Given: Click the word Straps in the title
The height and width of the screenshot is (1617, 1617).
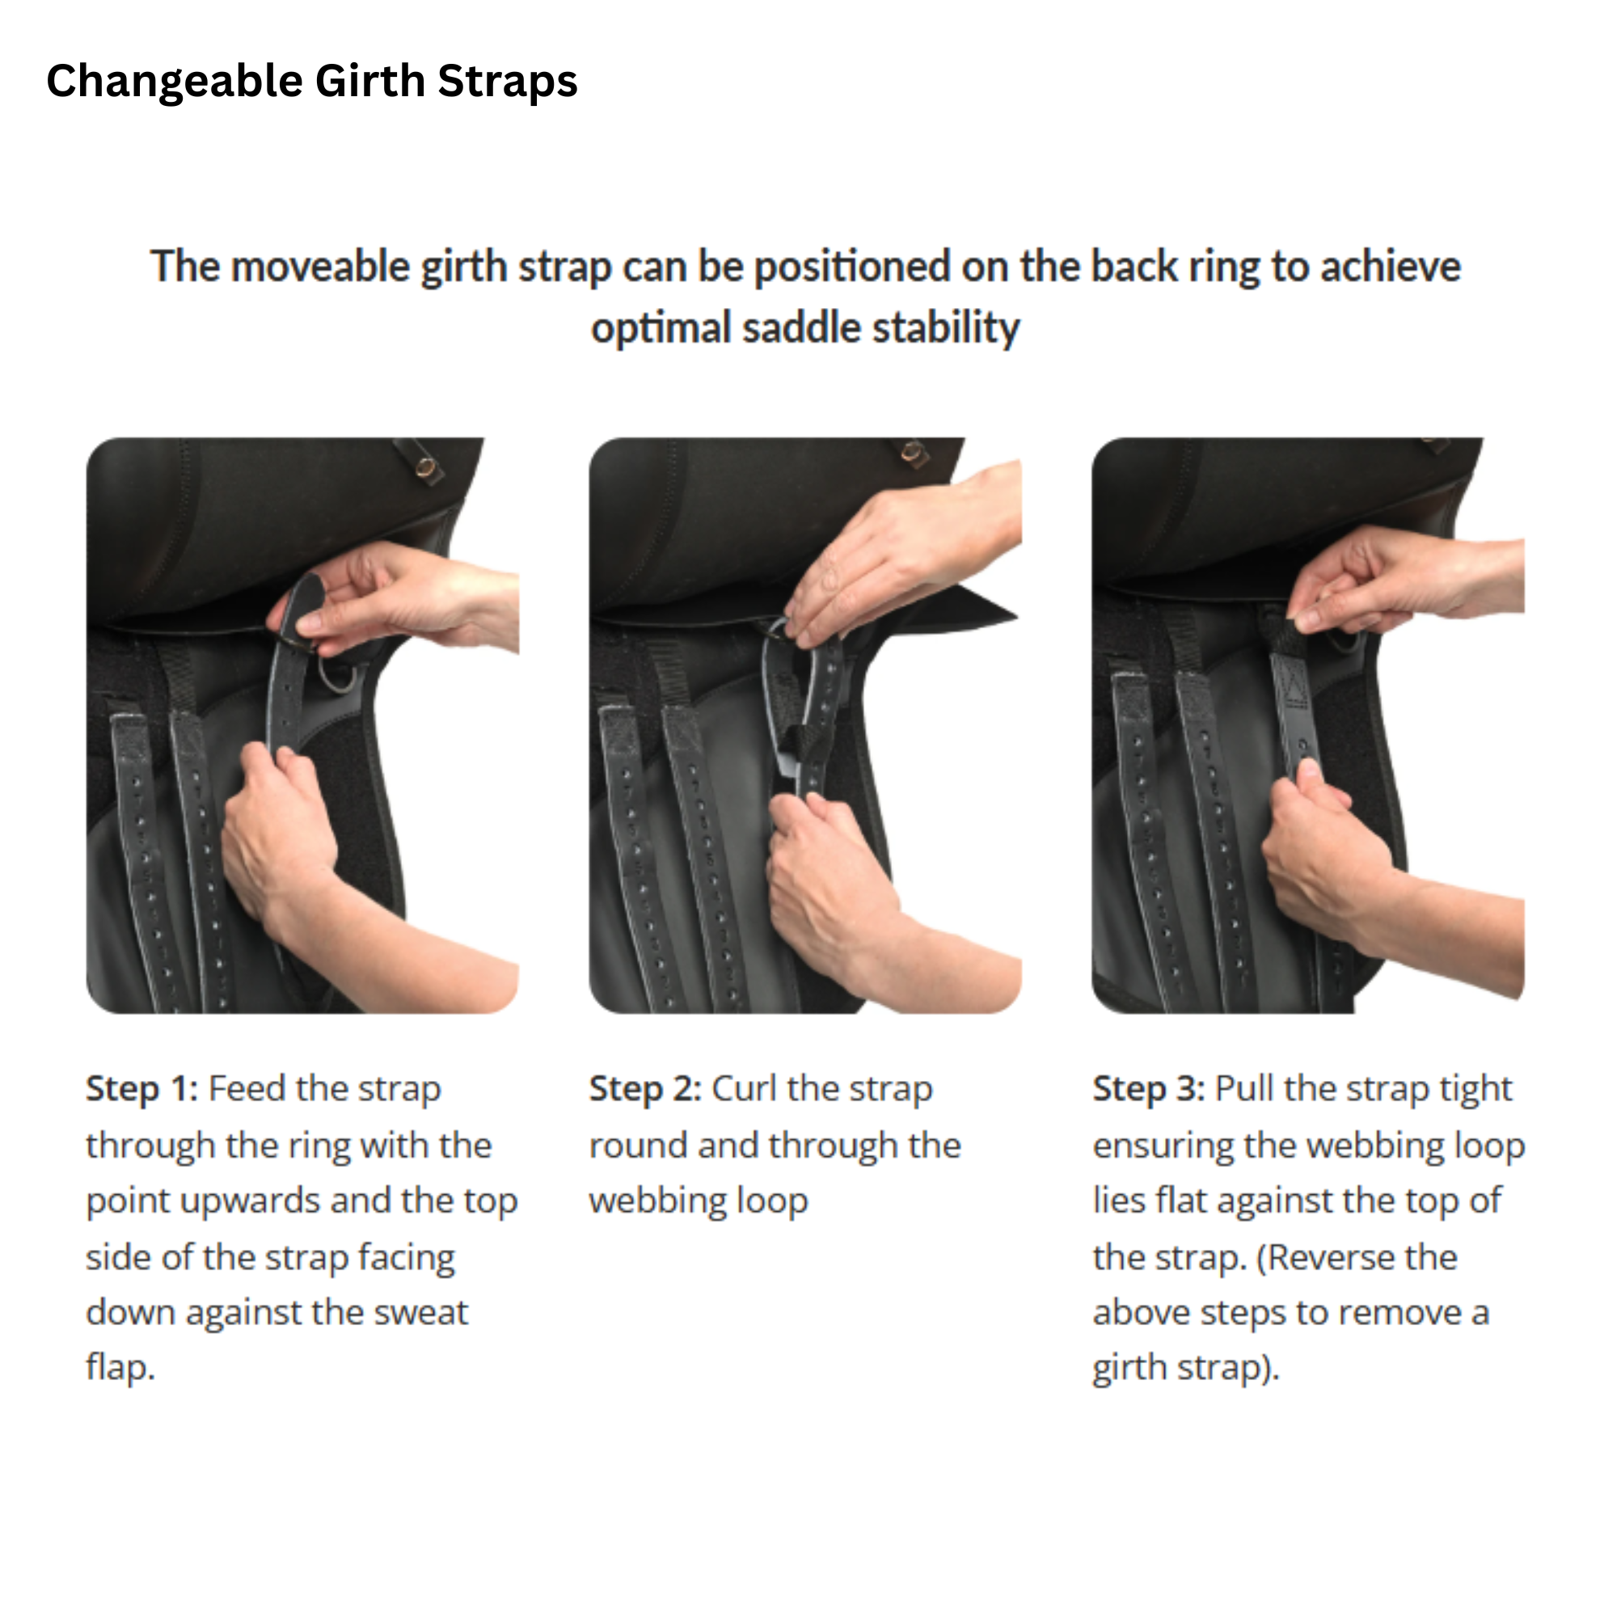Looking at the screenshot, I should coord(507,82).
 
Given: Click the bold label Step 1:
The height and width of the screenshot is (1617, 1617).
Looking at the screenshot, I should coord(141,1089).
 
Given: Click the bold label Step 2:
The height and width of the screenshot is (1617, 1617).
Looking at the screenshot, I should coord(644,1089).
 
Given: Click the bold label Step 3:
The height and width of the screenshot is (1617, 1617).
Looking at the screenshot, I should coord(1148,1089).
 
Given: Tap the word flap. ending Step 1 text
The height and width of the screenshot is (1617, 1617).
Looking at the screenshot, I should coord(120,1368).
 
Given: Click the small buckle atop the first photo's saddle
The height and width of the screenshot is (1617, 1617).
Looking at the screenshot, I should coord(429,467).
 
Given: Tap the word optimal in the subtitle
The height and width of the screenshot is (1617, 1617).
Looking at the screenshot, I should coord(660,327).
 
